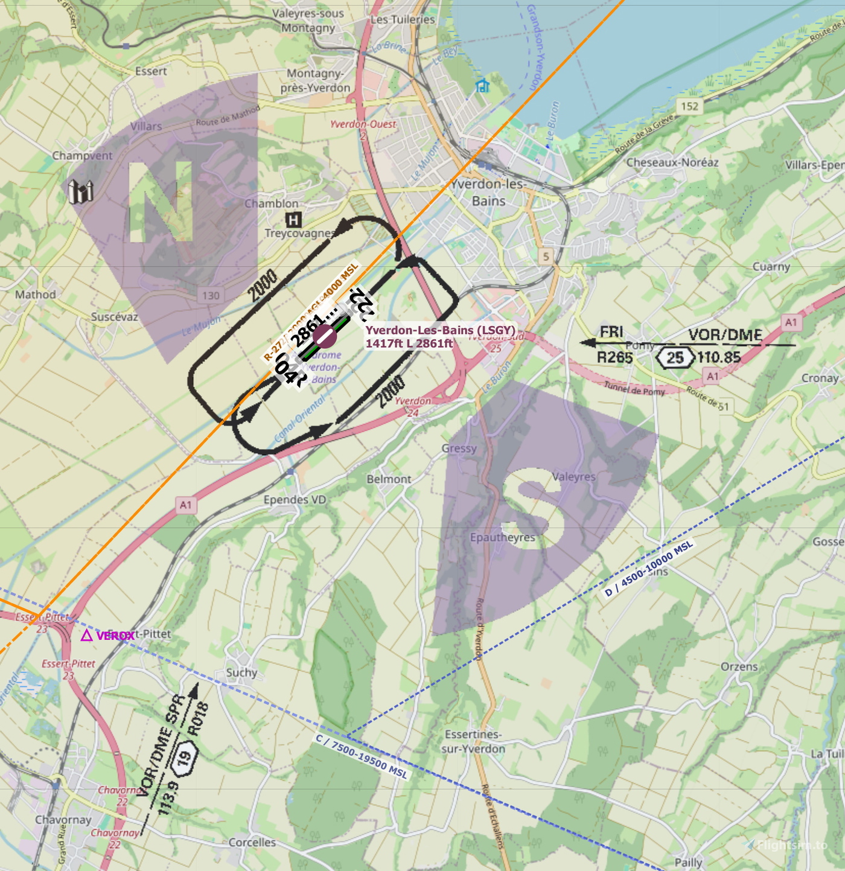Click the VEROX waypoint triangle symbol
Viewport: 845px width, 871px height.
87,635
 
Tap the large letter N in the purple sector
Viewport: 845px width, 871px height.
161,202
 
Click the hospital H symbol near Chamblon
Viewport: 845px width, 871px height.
293,220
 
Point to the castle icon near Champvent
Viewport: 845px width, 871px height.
81,191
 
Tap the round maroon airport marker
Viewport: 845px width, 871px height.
324,336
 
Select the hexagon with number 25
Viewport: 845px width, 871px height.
675,357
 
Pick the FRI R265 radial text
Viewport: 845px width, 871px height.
614,349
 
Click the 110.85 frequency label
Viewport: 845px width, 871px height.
719,357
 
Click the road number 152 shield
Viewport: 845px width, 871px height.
689,106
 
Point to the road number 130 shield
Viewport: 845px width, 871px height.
211,295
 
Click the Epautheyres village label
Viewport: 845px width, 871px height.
502,537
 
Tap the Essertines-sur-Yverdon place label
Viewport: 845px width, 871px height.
474,742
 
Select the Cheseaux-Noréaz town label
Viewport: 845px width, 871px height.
672,162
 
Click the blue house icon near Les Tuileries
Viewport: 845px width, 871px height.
482,86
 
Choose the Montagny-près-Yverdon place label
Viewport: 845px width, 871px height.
315,81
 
